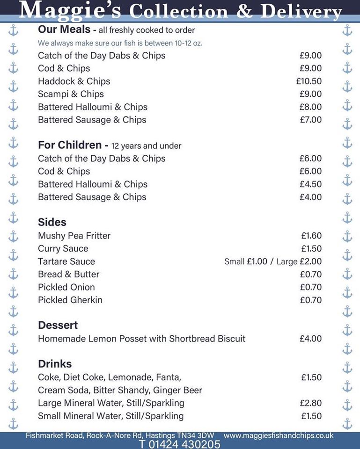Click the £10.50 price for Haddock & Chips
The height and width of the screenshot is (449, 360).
[309, 81]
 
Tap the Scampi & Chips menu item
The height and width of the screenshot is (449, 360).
[71, 94]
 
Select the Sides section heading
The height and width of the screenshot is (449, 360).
[52, 222]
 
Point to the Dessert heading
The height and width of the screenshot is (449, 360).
[58, 325]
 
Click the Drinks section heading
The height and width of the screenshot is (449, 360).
[55, 364]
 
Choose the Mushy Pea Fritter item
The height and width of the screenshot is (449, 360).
[74, 236]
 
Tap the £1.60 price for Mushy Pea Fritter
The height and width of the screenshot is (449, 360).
[311, 236]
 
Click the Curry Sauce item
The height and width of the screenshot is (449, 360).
[63, 249]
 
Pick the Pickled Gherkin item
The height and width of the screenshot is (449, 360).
[70, 300]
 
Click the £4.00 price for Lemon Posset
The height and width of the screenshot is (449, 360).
[311, 339]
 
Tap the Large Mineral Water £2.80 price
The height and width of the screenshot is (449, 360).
[311, 403]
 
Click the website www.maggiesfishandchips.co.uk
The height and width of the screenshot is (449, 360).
[279, 435]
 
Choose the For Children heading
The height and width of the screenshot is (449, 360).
[69, 145]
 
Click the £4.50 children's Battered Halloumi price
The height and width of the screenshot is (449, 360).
[311, 184]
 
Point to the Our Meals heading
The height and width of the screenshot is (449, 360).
[63, 29]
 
